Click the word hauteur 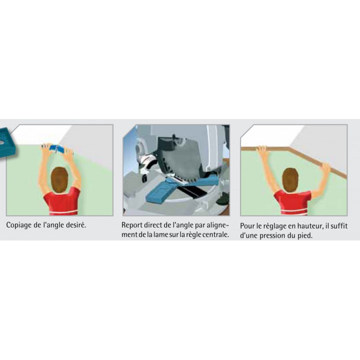[x=309, y=226]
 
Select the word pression [x=272, y=236]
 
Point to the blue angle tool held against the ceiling [x=58, y=149]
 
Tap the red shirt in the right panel [x=292, y=203]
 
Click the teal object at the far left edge [x=7, y=142]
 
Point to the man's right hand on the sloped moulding [x=326, y=167]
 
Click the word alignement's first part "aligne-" [x=218, y=225]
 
